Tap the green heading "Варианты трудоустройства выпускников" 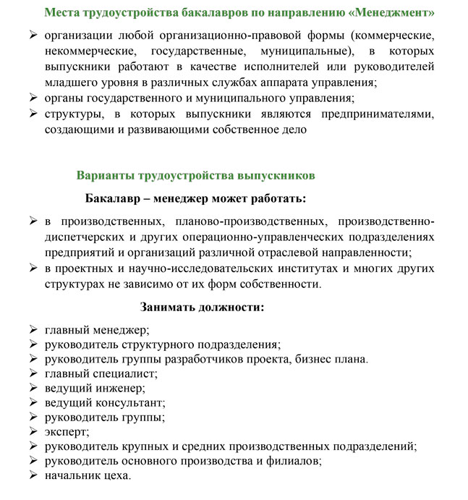pos(195,175)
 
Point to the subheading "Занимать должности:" pos(203,306)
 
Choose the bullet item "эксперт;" pos(67,432)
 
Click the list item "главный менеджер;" pos(97,330)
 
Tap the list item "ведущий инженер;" pos(95,388)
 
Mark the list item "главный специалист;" pos(101,373)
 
